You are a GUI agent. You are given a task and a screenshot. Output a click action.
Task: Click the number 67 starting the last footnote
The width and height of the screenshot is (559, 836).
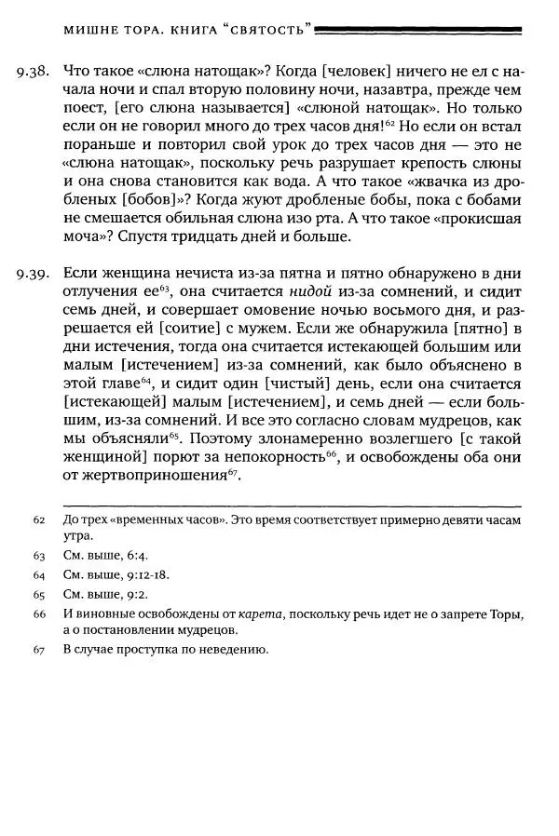[39, 650]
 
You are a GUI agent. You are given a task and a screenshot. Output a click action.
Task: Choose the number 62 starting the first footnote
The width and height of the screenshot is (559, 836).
[39, 519]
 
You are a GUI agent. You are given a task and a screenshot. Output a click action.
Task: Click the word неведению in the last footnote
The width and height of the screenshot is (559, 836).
[237, 650]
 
